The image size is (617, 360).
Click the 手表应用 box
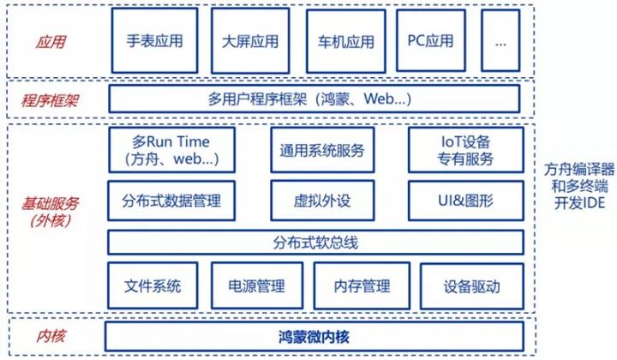tap(154, 40)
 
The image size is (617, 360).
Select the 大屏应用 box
tap(250, 41)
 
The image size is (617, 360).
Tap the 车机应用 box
tap(346, 41)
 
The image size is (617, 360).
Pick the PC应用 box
tap(431, 40)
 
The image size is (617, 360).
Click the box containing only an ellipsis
tap(500, 40)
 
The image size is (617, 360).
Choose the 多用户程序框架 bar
tap(314, 99)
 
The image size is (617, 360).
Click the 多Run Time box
tap(171, 149)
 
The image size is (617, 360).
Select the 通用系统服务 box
tap(322, 150)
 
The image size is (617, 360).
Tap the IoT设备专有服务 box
tap(466, 150)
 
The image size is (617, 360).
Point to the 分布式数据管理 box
tap(171, 201)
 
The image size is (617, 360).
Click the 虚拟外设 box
tap(322, 201)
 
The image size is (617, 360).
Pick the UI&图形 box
tap(466, 201)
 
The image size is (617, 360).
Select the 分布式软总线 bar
tap(315, 243)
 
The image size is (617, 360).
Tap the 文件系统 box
tap(153, 285)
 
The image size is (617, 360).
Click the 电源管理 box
tap(257, 285)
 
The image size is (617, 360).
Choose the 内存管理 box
tap(362, 285)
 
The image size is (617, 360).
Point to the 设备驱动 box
tap(472, 286)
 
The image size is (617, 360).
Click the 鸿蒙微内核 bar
tap(314, 336)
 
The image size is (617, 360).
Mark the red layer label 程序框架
tap(50, 101)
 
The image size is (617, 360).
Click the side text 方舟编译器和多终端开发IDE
tap(579, 186)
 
